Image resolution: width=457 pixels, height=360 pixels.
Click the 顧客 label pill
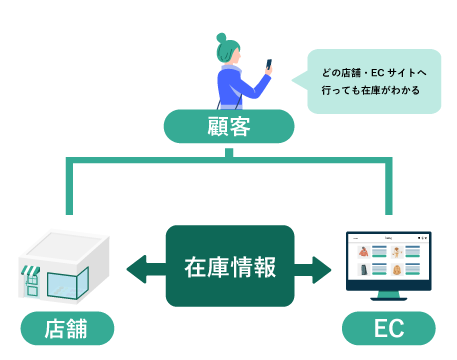229,127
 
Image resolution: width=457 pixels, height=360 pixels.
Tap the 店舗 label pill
67,328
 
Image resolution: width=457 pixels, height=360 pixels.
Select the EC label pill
389,328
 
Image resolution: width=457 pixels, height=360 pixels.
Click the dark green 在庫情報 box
229,266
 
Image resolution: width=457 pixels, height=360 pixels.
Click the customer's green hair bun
222,39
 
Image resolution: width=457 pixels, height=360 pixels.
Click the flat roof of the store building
65,246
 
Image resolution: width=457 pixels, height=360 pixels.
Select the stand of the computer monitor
388,297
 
